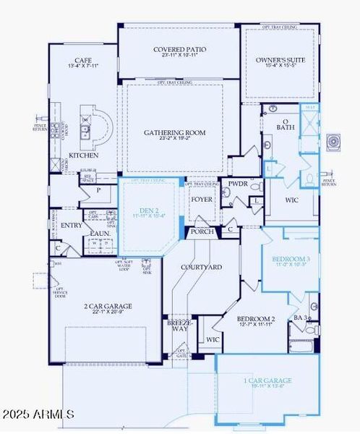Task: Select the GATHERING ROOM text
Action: point(175,133)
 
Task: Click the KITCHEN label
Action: point(83,155)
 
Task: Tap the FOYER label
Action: point(202,199)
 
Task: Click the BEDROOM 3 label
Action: point(291,259)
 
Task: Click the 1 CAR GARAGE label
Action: point(267,380)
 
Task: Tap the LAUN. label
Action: point(100,233)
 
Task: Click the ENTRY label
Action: point(72,225)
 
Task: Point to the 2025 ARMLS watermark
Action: point(38,414)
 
